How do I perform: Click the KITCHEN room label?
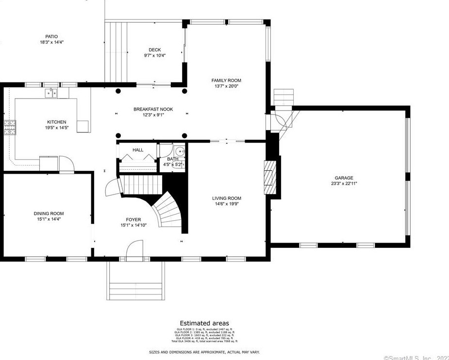(x=56, y=122)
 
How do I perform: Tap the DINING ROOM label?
(x=49, y=213)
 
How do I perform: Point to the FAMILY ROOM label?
(x=226, y=81)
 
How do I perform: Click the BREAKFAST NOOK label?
(x=153, y=109)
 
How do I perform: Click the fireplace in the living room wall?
(x=269, y=177)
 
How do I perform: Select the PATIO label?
(x=51, y=36)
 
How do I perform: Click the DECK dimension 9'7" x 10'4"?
(x=155, y=55)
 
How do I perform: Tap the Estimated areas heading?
(x=204, y=323)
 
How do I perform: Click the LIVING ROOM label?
(x=226, y=198)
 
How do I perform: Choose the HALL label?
(x=138, y=150)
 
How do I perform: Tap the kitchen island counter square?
(x=83, y=126)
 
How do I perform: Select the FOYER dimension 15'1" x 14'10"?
(x=133, y=225)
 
